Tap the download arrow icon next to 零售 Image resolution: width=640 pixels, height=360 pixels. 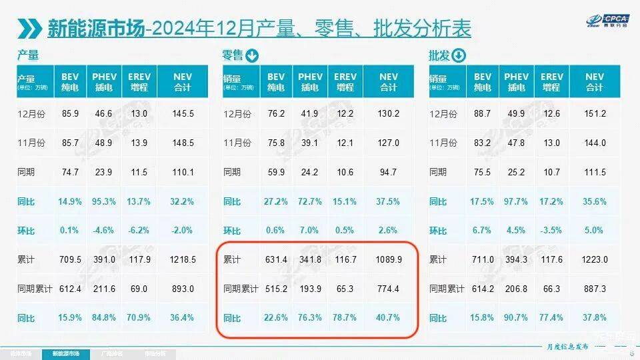pyautogui.click(x=253, y=55)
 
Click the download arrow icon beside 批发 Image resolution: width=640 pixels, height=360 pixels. pyautogui.click(x=459, y=55)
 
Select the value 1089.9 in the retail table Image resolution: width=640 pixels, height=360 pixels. pyautogui.click(x=388, y=259)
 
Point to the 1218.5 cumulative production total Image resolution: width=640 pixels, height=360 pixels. pyautogui.click(x=183, y=259)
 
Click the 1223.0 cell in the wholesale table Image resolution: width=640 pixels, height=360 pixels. pyautogui.click(x=594, y=259)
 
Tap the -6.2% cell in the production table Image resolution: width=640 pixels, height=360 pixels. pyautogui.click(x=139, y=230)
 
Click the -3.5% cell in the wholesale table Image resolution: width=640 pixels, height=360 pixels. pyautogui.click(x=552, y=230)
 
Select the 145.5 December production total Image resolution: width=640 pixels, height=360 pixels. pyautogui.click(x=183, y=113)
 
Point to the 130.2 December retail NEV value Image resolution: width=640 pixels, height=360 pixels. pyautogui.click(x=388, y=113)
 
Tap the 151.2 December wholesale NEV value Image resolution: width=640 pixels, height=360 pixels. pyautogui.click(x=594, y=113)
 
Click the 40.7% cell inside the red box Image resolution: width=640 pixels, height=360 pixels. pyautogui.click(x=388, y=317)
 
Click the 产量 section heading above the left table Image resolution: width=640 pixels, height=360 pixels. pyautogui.click(x=28, y=55)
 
